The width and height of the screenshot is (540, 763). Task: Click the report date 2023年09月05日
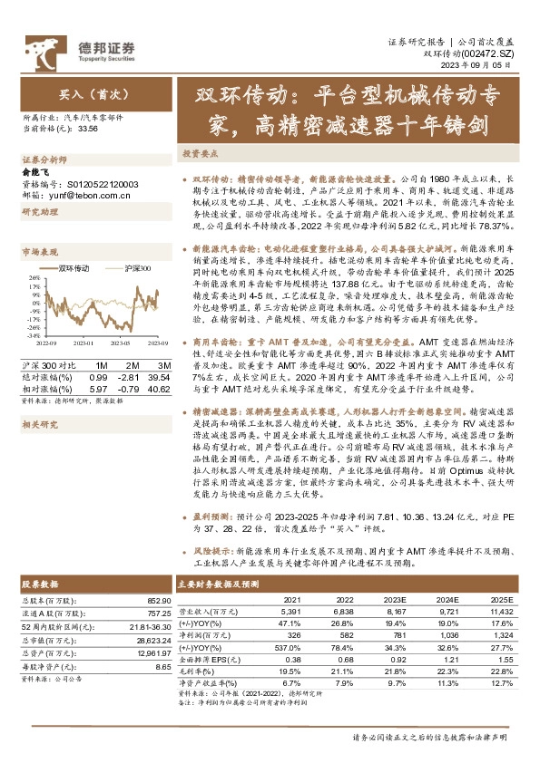[481, 66]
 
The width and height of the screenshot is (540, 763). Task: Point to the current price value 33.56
[89, 130]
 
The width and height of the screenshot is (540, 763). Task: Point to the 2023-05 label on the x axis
[125, 344]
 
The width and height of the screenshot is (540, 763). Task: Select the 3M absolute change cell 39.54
[158, 376]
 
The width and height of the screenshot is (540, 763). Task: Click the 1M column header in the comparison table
[100, 364]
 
